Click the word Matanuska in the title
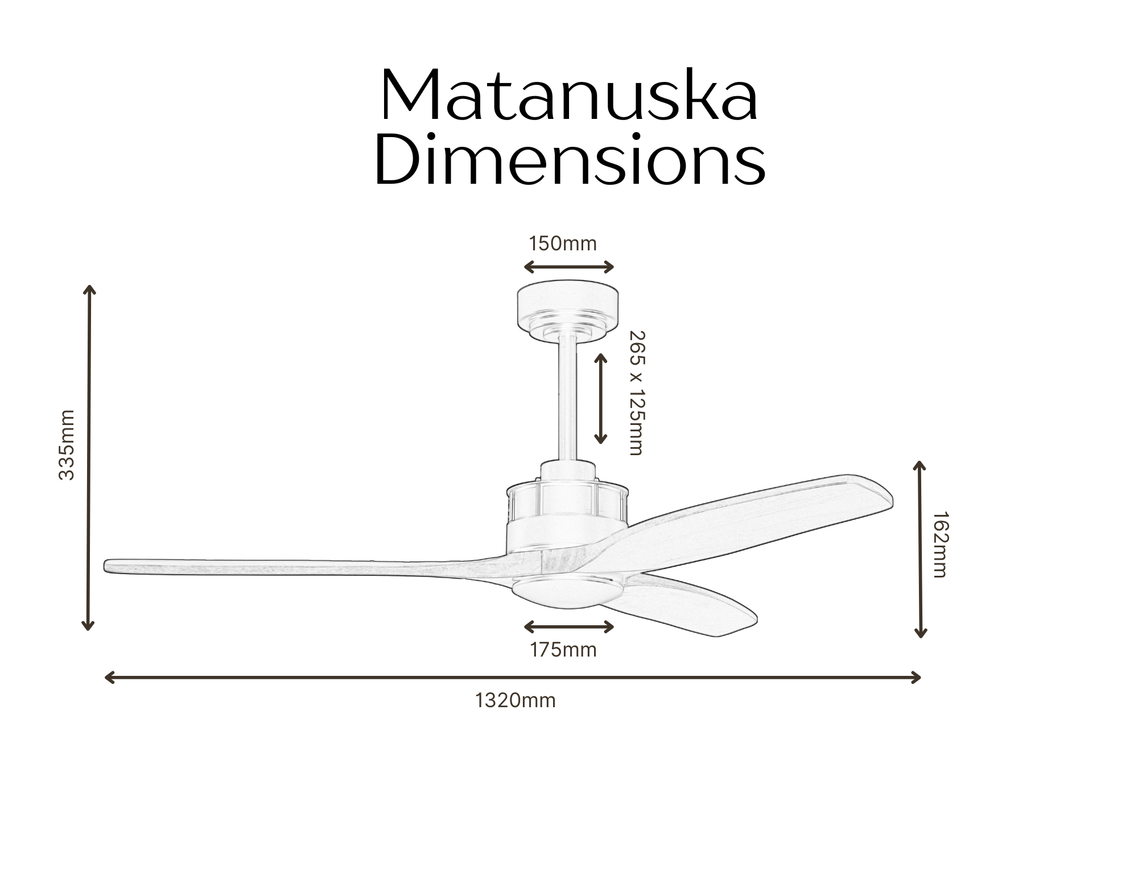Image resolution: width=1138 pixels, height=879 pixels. pyautogui.click(x=569, y=96)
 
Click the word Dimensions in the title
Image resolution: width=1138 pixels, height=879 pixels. pyautogui.click(x=570, y=159)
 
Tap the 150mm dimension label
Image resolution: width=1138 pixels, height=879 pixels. pyautogui.click(x=563, y=244)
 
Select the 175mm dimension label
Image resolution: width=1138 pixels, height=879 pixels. pyautogui.click(x=563, y=650)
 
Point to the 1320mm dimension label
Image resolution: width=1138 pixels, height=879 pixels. pyautogui.click(x=516, y=700)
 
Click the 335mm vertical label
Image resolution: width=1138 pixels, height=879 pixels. pyautogui.click(x=67, y=445)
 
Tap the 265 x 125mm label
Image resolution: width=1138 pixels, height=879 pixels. pyautogui.click(x=637, y=393)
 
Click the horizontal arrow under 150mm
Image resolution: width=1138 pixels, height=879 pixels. pyautogui.click(x=569, y=267)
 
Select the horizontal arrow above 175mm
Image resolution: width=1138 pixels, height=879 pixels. pyautogui.click(x=569, y=627)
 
